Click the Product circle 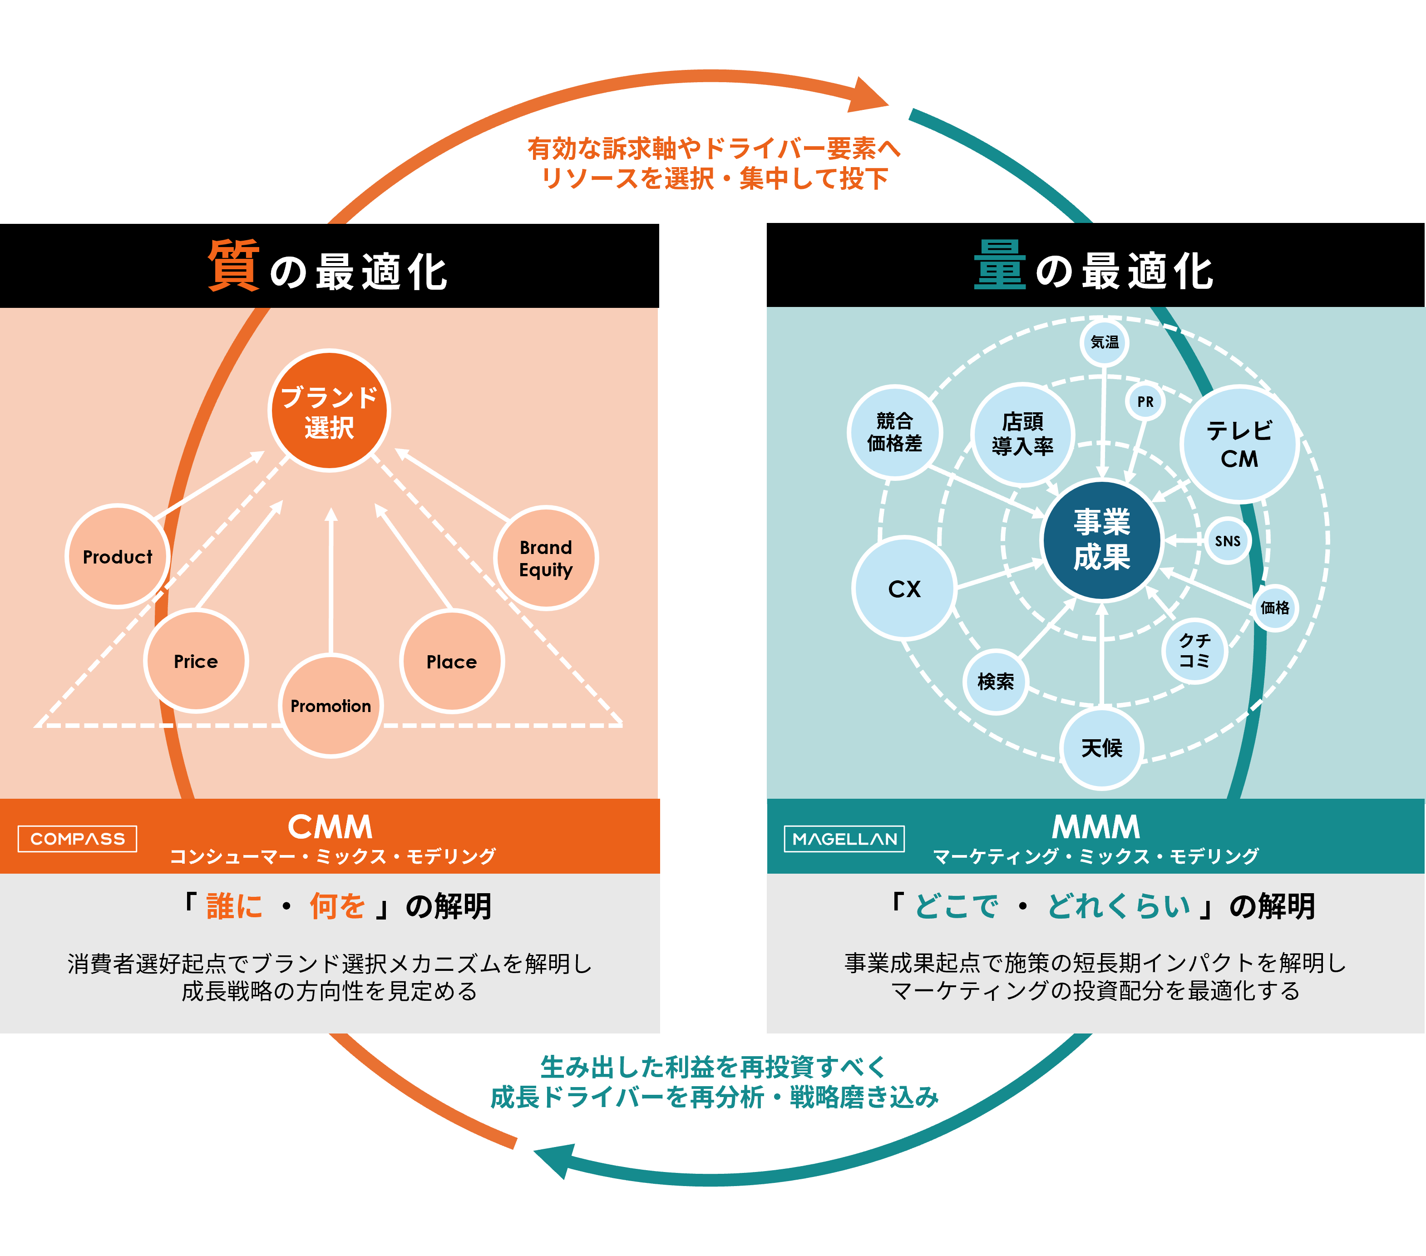pos(117,556)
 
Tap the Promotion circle pos(331,706)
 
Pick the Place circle pos(451,662)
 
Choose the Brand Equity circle pos(546,558)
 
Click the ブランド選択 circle pos(329,411)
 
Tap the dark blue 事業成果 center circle pos(1101,540)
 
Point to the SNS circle pos(1228,541)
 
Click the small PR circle pos(1145,402)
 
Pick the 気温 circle pos(1105,342)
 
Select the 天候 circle pos(1101,748)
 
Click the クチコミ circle pos(1194,650)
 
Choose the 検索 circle pos(996,682)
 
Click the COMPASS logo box pos(78,839)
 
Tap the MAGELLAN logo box pos(844,839)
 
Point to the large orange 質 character pos(234,265)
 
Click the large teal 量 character pos(1000,265)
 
